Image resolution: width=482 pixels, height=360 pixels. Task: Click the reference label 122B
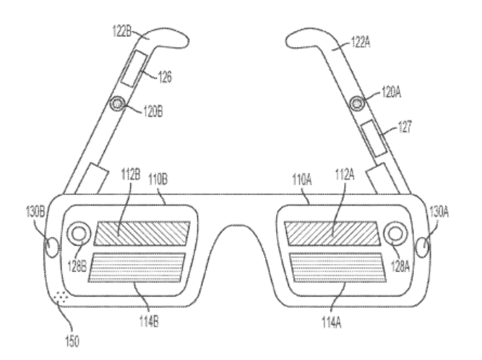pyautogui.click(x=122, y=31)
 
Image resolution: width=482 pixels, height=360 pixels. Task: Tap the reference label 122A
pyautogui.click(x=361, y=42)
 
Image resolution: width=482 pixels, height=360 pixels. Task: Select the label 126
pyautogui.click(x=165, y=77)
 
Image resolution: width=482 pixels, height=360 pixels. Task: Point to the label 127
pyautogui.click(x=404, y=127)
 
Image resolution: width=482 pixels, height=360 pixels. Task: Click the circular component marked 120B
pyautogui.click(x=117, y=103)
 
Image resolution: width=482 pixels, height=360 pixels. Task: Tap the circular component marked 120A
pyautogui.click(x=356, y=103)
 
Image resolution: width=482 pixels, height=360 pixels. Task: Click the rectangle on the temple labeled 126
pyautogui.click(x=134, y=69)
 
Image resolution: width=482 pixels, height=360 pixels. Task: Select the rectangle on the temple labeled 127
pyautogui.click(x=373, y=138)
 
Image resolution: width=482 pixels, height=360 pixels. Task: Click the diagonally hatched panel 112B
pyautogui.click(x=142, y=233)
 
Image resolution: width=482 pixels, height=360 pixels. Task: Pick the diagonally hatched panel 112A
pyautogui.click(x=332, y=233)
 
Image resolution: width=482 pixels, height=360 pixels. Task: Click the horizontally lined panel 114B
pyautogui.click(x=137, y=267)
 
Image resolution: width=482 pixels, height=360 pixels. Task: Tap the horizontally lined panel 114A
pyautogui.click(x=337, y=267)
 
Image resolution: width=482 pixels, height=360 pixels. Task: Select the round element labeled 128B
pyautogui.click(x=79, y=233)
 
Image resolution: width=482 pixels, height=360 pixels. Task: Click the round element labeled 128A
pyautogui.click(x=395, y=233)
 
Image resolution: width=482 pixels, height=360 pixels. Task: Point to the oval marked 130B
pyautogui.click(x=52, y=247)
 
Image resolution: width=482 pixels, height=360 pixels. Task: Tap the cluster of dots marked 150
pyautogui.click(x=61, y=296)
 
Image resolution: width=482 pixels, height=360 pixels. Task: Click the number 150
pyautogui.click(x=72, y=341)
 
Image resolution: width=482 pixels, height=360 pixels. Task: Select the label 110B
pyautogui.click(x=158, y=179)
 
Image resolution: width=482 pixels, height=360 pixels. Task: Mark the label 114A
pyautogui.click(x=332, y=322)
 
